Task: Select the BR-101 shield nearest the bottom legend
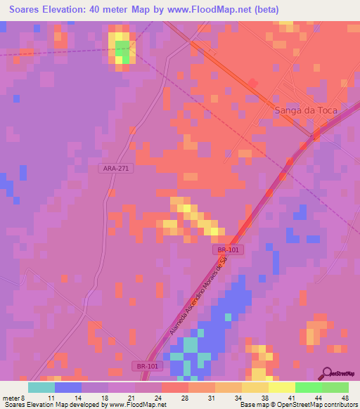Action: pyautogui.click(x=147, y=366)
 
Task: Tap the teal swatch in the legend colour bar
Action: pyautogui.click(x=41, y=387)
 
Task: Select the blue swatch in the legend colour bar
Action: pyautogui.click(x=68, y=387)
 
